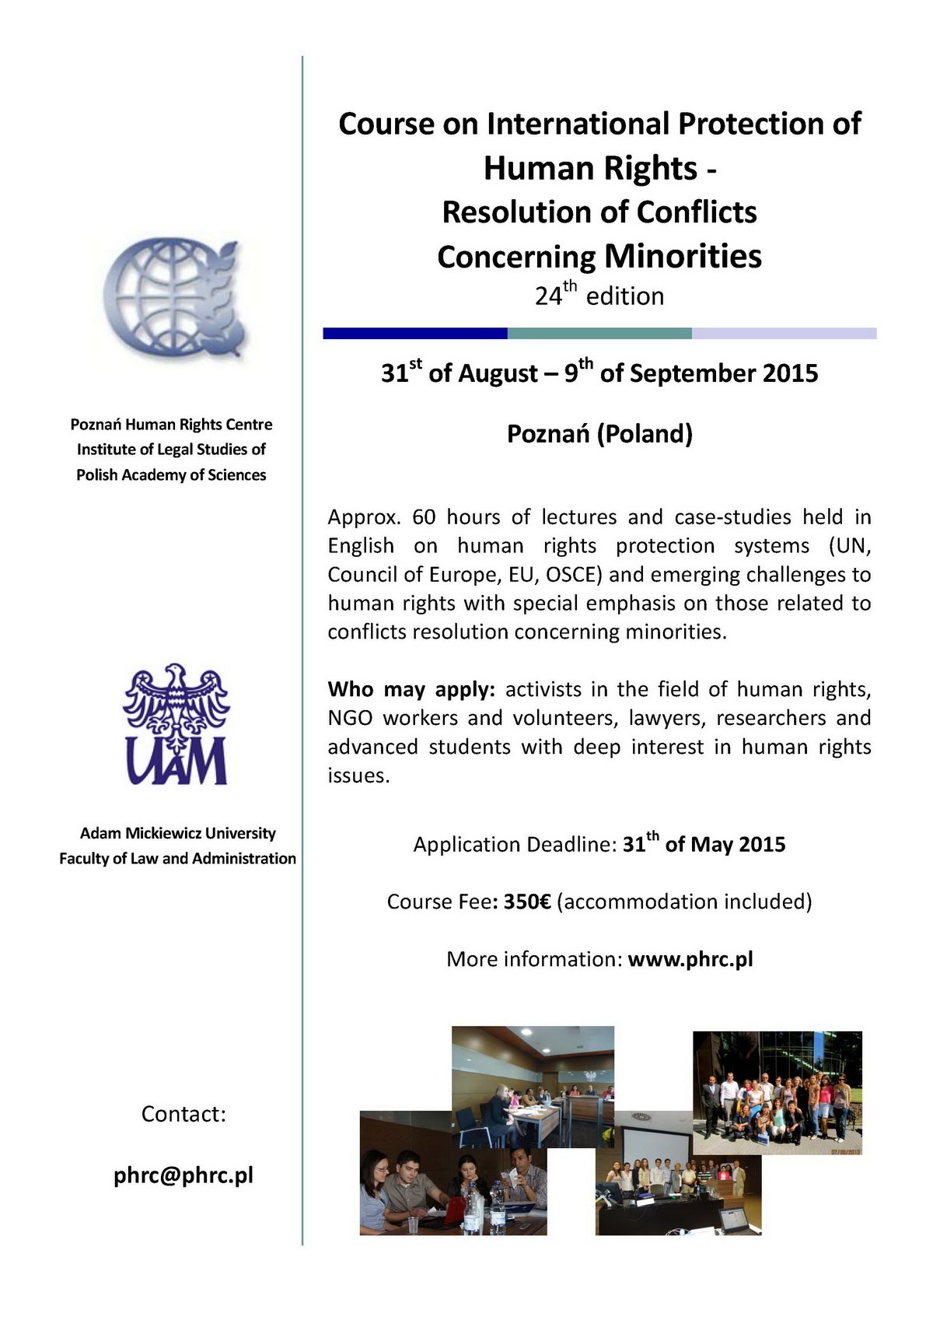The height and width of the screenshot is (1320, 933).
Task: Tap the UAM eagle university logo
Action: [176, 724]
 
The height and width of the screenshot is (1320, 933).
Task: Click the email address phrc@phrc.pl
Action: [183, 1175]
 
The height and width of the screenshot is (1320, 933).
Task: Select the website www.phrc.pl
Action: [690, 959]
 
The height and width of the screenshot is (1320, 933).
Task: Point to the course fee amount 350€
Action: [527, 902]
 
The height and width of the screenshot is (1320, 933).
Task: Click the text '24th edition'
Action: [599, 296]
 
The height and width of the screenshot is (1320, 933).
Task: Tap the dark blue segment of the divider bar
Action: [415, 334]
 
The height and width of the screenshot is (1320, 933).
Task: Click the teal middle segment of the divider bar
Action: [599, 334]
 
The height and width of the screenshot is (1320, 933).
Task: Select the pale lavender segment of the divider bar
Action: [784, 334]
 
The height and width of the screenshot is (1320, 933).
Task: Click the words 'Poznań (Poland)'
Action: [599, 433]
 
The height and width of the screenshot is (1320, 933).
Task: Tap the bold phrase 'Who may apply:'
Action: [411, 690]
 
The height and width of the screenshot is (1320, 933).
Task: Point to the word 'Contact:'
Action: [183, 1114]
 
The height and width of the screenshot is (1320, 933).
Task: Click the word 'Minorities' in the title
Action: [683, 257]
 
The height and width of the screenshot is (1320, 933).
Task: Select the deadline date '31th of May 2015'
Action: [704, 845]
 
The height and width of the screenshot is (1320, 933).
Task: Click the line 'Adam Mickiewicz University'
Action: [177, 833]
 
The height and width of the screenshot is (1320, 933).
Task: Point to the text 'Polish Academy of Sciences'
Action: [171, 474]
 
